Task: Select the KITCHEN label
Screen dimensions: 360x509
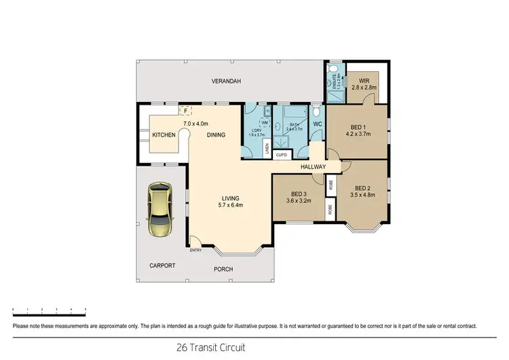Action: click(164, 135)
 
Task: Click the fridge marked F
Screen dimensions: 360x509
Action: click(185, 109)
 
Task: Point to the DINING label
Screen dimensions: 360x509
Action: click(216, 135)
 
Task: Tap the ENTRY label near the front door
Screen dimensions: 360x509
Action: click(195, 249)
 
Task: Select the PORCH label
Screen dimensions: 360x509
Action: click(223, 270)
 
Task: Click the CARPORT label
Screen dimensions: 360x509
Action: click(162, 266)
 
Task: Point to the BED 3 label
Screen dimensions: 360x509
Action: click(299, 193)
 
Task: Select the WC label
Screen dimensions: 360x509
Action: click(317, 124)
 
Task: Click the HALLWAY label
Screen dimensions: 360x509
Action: click(314, 167)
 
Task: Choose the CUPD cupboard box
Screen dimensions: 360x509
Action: click(282, 155)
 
